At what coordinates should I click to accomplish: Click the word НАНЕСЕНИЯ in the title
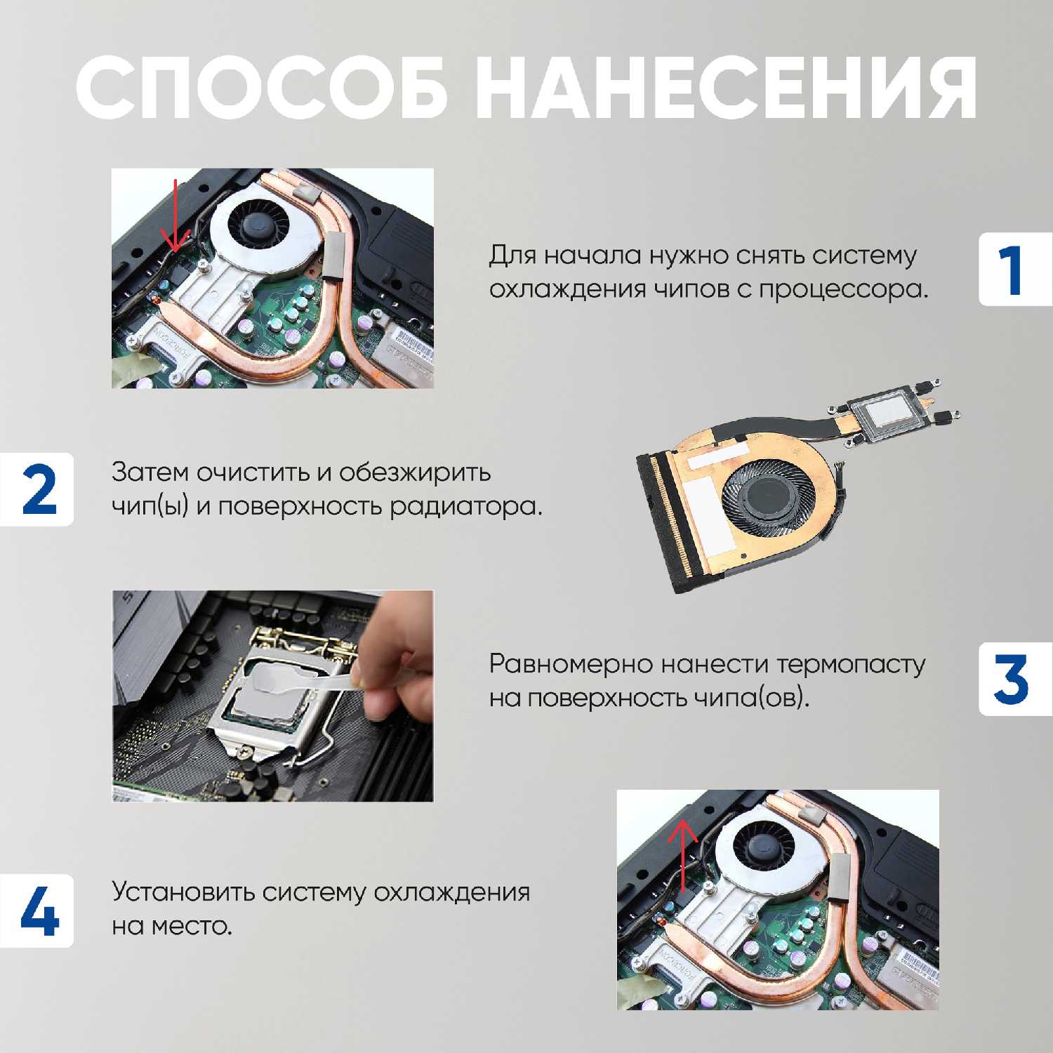(x=726, y=89)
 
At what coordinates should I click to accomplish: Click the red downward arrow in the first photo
(x=175, y=218)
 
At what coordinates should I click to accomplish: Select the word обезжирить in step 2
(x=415, y=472)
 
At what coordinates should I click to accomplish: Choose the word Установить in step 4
(x=182, y=892)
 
